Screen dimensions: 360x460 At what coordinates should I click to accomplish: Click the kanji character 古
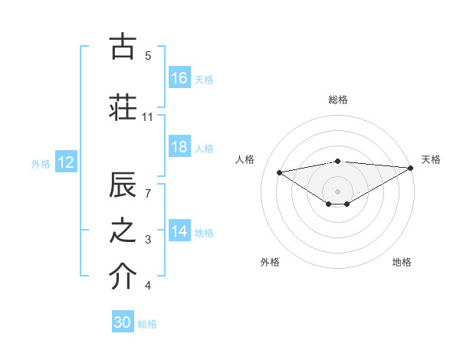click(x=123, y=47)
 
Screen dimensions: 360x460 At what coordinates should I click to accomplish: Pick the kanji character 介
click(x=123, y=277)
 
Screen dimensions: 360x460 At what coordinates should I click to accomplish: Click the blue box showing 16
click(x=179, y=78)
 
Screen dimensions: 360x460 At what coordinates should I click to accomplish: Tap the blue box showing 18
click(x=179, y=148)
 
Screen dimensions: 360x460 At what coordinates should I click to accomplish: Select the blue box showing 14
click(x=179, y=232)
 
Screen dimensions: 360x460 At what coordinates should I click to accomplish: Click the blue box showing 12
click(x=66, y=162)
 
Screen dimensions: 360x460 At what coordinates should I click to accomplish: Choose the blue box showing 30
click(x=123, y=323)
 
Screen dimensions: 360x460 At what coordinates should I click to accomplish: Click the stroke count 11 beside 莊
click(x=148, y=117)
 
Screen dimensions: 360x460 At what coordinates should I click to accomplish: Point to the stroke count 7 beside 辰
click(x=149, y=193)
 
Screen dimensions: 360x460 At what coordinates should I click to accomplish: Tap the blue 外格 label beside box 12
click(x=41, y=163)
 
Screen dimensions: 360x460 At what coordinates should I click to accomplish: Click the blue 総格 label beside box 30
click(x=148, y=324)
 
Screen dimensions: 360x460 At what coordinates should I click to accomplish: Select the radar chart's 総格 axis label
click(x=338, y=100)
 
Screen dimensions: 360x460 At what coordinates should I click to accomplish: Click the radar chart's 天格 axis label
click(x=432, y=159)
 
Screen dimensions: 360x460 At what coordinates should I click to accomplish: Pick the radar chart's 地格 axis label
click(x=402, y=263)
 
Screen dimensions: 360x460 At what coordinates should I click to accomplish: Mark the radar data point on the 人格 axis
click(x=279, y=172)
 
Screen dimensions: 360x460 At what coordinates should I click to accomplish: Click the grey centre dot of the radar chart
click(x=337, y=190)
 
